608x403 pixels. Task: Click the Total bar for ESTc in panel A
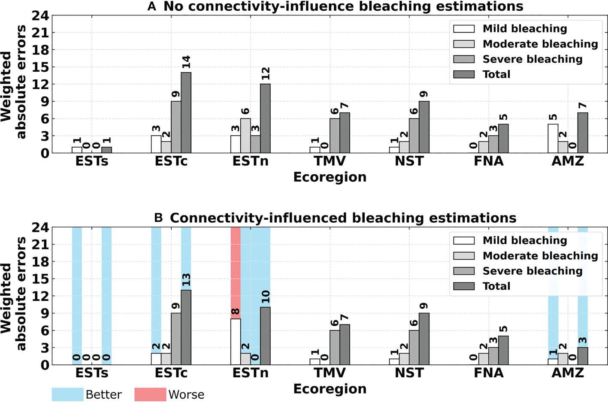[x=186, y=113]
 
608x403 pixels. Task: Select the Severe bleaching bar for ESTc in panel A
[x=176, y=127]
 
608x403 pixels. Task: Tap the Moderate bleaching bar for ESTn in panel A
[x=245, y=136]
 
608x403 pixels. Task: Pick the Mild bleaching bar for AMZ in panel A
[x=553, y=139]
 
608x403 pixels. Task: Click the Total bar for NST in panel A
[x=424, y=127]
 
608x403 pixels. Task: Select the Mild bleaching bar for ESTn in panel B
[x=236, y=342]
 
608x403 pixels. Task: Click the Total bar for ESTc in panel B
[x=186, y=327]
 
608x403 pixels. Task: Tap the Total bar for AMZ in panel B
[x=583, y=356]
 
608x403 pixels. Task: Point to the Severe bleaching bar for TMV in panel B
[x=335, y=348]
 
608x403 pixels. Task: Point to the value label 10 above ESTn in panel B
[x=266, y=297]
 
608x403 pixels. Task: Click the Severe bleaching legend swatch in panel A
[x=464, y=59]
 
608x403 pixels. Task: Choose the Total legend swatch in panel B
[x=464, y=286]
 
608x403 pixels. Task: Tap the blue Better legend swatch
[x=67, y=394]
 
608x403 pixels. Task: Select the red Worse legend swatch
[x=150, y=394]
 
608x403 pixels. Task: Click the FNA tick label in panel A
[x=488, y=162]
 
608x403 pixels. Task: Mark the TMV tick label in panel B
[x=330, y=373]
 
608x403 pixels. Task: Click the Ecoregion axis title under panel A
[x=330, y=177]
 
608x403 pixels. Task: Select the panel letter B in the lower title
[x=158, y=218]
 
